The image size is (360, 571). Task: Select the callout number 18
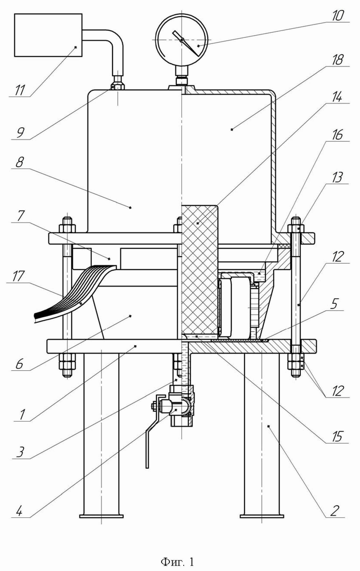point(337,60)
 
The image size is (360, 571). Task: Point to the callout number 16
point(337,135)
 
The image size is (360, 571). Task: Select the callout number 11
point(20,90)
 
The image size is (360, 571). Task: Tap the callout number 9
point(20,133)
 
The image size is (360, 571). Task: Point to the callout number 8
point(20,162)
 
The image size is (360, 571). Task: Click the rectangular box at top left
point(48,35)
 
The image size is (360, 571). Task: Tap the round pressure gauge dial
point(181,40)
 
